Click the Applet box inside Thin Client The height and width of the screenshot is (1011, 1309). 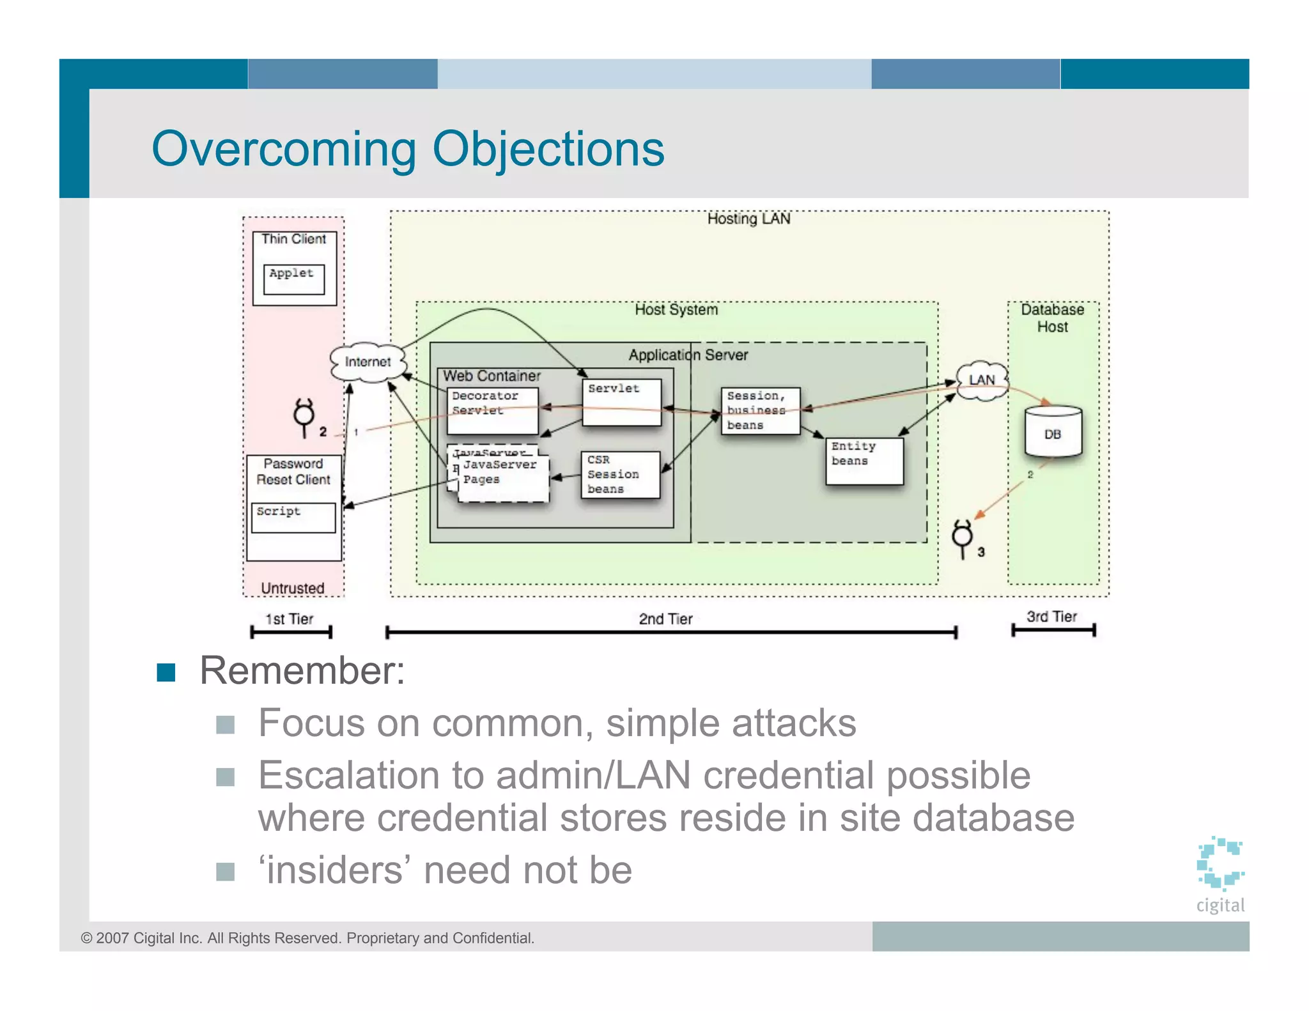pos(294,279)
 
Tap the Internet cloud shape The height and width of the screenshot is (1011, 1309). pos(368,362)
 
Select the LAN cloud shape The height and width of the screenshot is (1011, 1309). pos(982,380)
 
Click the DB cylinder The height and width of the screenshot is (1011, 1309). pos(1053,433)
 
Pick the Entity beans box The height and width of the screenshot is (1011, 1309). pos(864,461)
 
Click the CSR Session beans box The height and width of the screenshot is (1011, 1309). pos(620,475)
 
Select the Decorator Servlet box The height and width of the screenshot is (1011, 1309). pos(492,410)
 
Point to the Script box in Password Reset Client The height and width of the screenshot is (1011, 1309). pos(293,517)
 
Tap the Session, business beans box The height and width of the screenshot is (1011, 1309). pos(760,411)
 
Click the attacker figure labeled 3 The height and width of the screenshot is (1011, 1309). pos(963,538)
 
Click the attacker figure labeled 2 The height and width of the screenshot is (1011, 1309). pos(304,417)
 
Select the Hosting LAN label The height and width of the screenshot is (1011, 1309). pos(748,219)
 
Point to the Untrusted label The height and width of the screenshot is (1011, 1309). pos(293,588)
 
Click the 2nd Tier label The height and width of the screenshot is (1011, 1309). pos(665,619)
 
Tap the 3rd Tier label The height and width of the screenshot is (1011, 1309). pos(1051,617)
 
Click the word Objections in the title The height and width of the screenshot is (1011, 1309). pos(548,150)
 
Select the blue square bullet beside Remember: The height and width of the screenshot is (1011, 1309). pos(166,672)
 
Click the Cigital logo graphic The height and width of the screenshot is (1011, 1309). pos(1220,863)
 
